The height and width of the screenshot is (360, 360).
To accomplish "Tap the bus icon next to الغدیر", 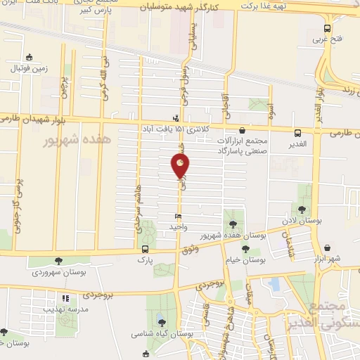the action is (297, 132).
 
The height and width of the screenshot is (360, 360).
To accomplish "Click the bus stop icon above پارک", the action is (145, 249).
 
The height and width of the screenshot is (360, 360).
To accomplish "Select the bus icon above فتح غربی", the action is (326, 28).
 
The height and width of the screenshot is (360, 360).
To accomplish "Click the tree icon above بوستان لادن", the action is (302, 210).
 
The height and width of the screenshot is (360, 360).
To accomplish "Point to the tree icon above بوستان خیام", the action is (245, 249).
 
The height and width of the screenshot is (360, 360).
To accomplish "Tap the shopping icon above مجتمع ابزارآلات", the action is (242, 130).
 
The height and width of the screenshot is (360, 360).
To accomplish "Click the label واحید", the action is (177, 228).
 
